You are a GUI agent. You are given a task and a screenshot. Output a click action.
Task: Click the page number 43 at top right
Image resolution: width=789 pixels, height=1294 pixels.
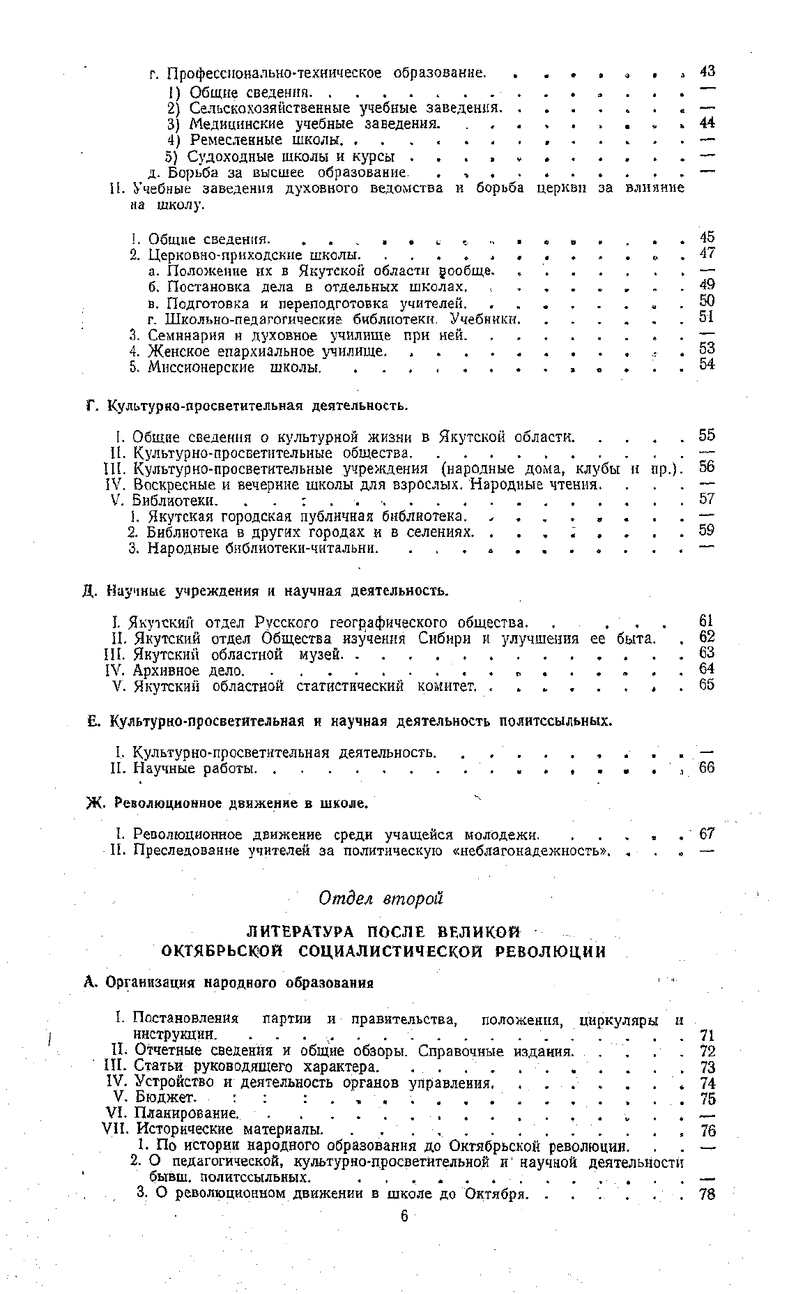(x=707, y=72)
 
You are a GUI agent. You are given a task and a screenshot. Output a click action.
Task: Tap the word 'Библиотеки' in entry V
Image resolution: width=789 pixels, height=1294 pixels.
(x=174, y=500)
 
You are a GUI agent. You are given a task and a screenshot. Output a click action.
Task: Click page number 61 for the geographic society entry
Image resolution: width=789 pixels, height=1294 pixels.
(x=707, y=621)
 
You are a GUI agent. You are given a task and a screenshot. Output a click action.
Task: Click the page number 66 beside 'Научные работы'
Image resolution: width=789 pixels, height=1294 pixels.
(x=707, y=768)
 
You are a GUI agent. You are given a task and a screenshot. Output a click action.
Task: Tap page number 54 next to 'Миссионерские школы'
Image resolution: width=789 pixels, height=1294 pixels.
(x=707, y=365)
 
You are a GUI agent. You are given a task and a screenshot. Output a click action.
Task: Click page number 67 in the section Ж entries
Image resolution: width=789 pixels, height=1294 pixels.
(x=707, y=834)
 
